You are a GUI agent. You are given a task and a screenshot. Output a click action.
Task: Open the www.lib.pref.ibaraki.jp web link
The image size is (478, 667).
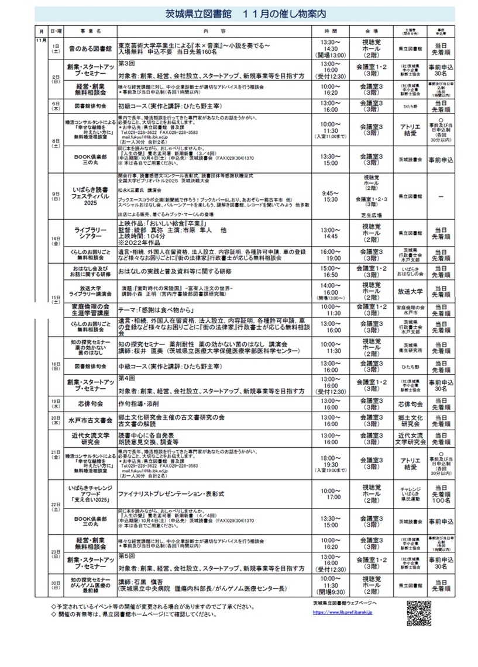point(346,612)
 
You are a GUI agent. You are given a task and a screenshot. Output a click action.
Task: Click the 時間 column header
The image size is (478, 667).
point(331,29)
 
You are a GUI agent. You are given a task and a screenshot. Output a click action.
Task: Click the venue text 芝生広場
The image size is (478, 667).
point(372,215)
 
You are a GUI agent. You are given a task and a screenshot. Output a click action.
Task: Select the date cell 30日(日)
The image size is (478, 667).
point(56,585)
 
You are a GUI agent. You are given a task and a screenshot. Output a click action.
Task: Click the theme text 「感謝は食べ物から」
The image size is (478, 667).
point(161,309)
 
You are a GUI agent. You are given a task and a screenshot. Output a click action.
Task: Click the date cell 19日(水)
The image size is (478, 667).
point(56,403)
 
